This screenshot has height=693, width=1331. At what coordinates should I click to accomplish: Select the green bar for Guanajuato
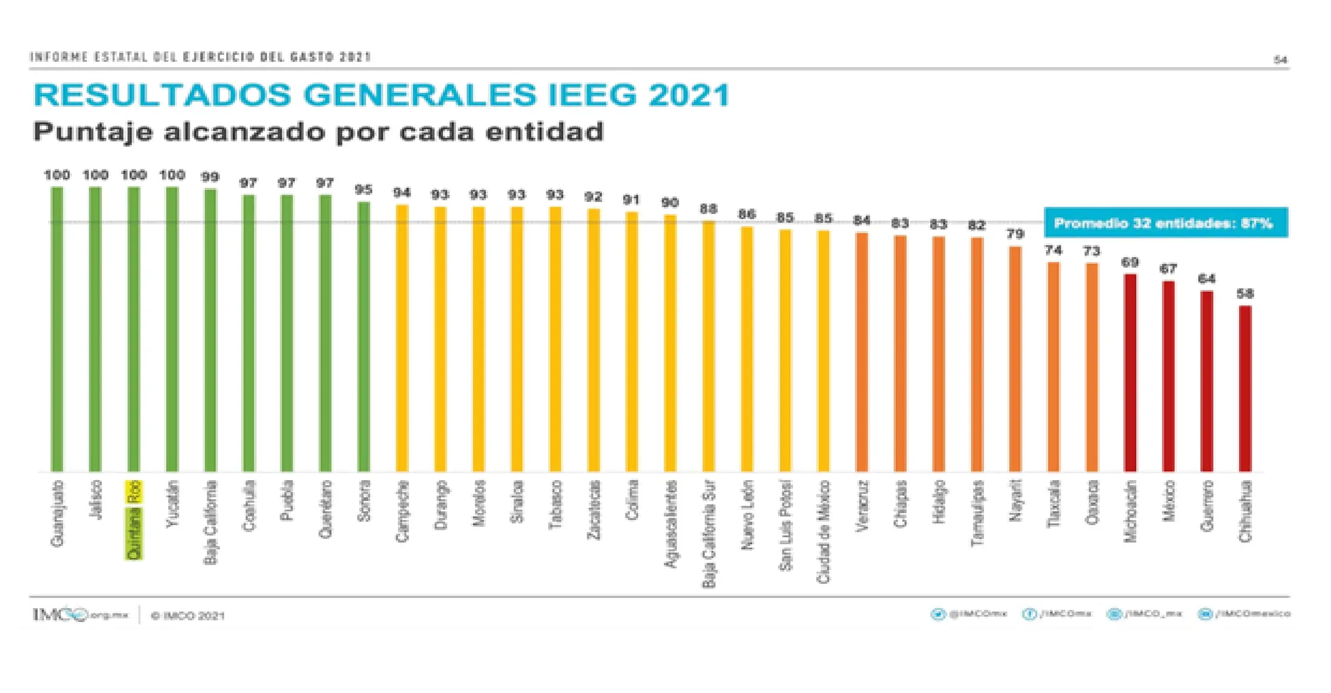coord(57,329)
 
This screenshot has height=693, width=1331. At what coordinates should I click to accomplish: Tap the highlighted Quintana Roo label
coord(134,519)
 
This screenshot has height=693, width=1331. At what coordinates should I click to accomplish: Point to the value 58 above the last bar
coord(1245,294)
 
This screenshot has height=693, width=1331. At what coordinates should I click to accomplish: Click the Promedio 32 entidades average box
coord(1165,223)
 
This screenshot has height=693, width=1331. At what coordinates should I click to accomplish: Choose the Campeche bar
coord(402,338)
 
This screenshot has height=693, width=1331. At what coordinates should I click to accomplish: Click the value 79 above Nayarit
coord(1015,234)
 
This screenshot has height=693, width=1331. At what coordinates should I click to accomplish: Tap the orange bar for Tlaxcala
coord(1054,366)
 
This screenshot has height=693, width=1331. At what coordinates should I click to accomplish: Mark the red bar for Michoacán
coord(1130,373)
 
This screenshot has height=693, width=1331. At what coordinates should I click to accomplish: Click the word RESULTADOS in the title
coord(163,95)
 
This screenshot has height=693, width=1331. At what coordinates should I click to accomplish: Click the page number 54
coord(1280,60)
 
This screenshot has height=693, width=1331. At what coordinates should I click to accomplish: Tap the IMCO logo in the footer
coord(60,615)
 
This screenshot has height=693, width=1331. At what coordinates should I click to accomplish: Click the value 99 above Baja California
coord(210,177)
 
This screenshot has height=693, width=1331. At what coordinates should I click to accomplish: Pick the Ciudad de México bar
coord(823,351)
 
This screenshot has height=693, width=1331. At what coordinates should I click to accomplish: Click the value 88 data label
coord(708,209)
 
